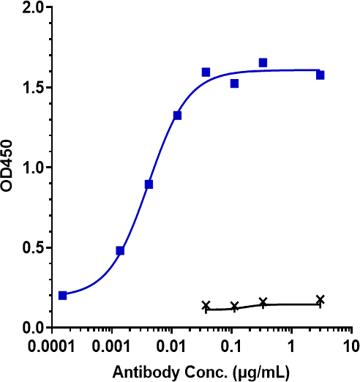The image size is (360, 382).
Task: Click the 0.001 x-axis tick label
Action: [112, 345]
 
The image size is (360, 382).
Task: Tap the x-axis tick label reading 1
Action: [291, 345]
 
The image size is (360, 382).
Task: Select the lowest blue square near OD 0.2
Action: [63, 296]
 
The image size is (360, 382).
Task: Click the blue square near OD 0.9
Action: [149, 184]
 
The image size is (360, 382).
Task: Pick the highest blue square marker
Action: [263, 63]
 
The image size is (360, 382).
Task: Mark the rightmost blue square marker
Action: [320, 75]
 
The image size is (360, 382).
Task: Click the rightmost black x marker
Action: [320, 299]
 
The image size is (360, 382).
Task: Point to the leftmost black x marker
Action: [206, 305]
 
